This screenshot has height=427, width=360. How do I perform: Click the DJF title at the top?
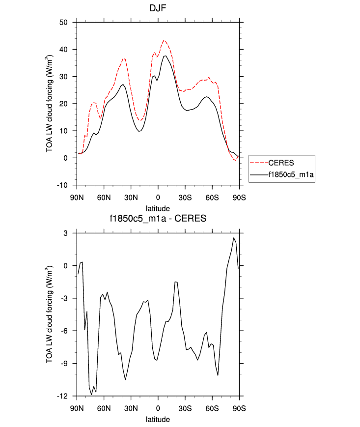pos(158,8)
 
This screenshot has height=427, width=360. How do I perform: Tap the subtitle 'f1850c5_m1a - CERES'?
pos(158,219)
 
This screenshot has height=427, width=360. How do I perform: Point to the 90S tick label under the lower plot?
pos(239,408)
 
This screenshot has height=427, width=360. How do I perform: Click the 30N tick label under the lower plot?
pos(131,408)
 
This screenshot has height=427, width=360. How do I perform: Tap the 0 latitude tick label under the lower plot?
pos(158,408)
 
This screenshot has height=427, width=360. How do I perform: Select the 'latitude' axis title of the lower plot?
pos(158,419)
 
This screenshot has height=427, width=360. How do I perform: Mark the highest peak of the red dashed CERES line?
pos(164,41)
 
